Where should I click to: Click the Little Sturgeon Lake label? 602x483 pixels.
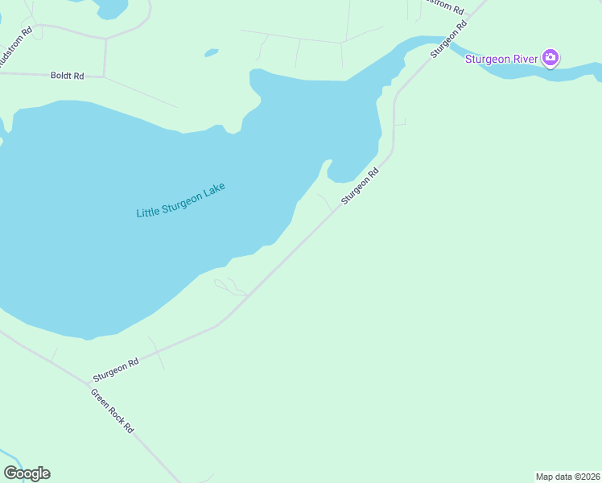(180, 200)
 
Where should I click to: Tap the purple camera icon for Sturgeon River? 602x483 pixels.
(550, 57)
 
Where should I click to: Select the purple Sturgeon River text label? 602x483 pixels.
(501, 58)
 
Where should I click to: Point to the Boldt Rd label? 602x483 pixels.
(67, 76)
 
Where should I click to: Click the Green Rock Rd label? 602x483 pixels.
(112, 412)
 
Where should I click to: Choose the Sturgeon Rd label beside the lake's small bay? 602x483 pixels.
(360, 186)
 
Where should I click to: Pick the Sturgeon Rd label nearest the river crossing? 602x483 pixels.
(448, 39)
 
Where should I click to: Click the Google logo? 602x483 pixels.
(27, 473)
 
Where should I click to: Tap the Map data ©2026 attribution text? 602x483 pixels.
(567, 476)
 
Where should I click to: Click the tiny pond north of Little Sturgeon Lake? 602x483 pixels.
(211, 53)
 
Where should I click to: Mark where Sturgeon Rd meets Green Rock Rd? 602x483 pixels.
(89, 382)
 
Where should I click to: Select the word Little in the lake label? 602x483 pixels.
(148, 211)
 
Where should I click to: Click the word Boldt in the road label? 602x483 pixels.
(61, 76)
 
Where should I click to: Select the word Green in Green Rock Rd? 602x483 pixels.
(99, 398)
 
